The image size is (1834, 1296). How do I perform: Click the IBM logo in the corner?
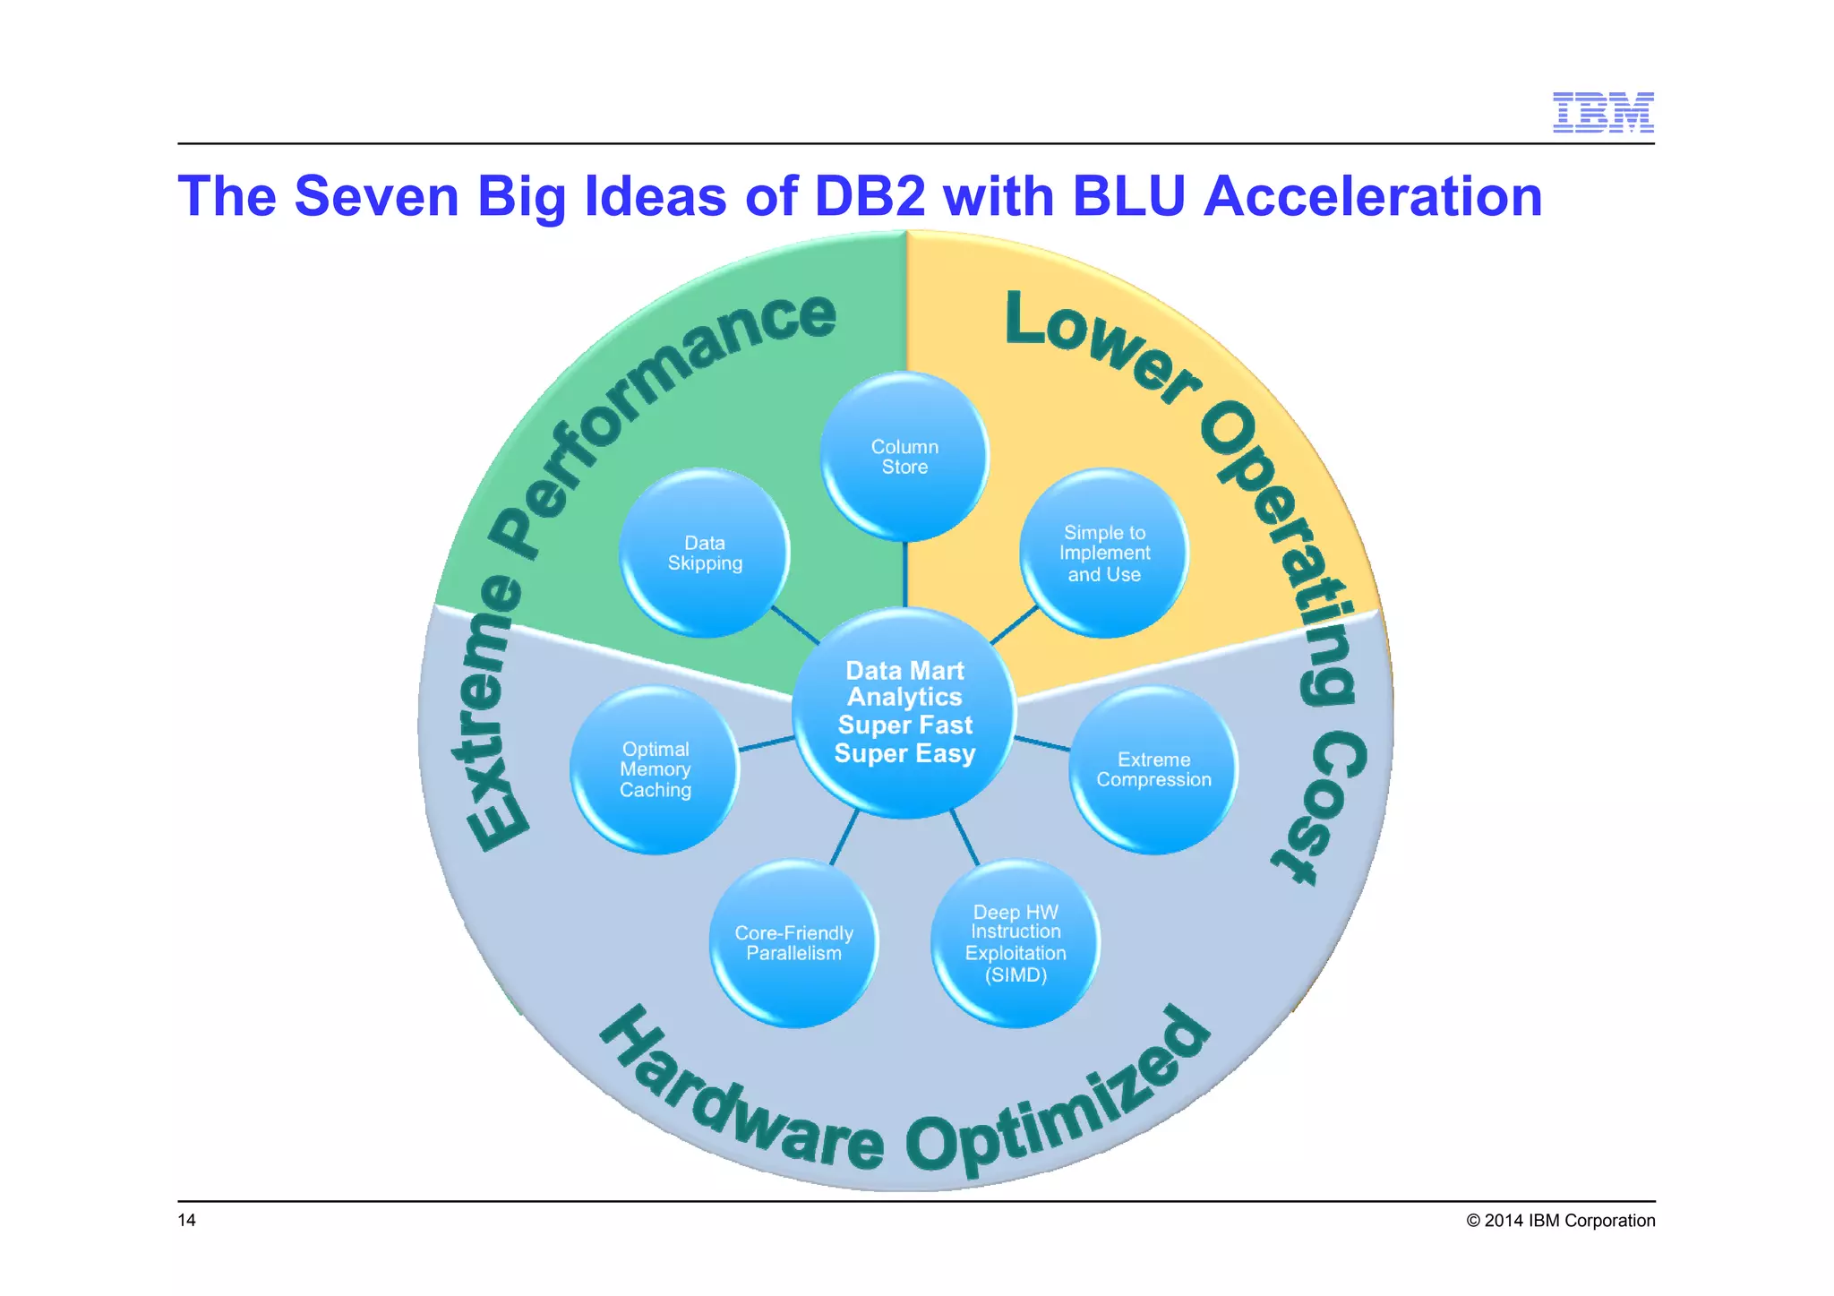(1602, 112)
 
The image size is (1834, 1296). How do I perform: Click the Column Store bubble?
(904, 457)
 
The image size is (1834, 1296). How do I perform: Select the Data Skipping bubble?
(705, 553)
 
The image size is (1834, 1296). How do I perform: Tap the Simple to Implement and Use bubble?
(1104, 553)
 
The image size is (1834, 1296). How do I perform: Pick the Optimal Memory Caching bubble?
(655, 769)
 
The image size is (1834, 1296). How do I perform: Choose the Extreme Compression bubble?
(1153, 769)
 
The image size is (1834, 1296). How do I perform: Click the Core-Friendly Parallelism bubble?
(793, 943)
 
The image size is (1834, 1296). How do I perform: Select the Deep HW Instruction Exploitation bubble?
(1016, 943)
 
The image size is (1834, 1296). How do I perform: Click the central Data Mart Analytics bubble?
(904, 712)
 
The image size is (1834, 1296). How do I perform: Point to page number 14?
(186, 1220)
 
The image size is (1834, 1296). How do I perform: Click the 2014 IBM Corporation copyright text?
(1560, 1220)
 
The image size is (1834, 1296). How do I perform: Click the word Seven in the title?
(376, 196)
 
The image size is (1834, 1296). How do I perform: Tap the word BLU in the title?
(1128, 196)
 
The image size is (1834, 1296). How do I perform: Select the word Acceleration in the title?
(1372, 196)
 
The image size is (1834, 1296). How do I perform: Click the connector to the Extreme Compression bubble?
(1042, 743)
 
